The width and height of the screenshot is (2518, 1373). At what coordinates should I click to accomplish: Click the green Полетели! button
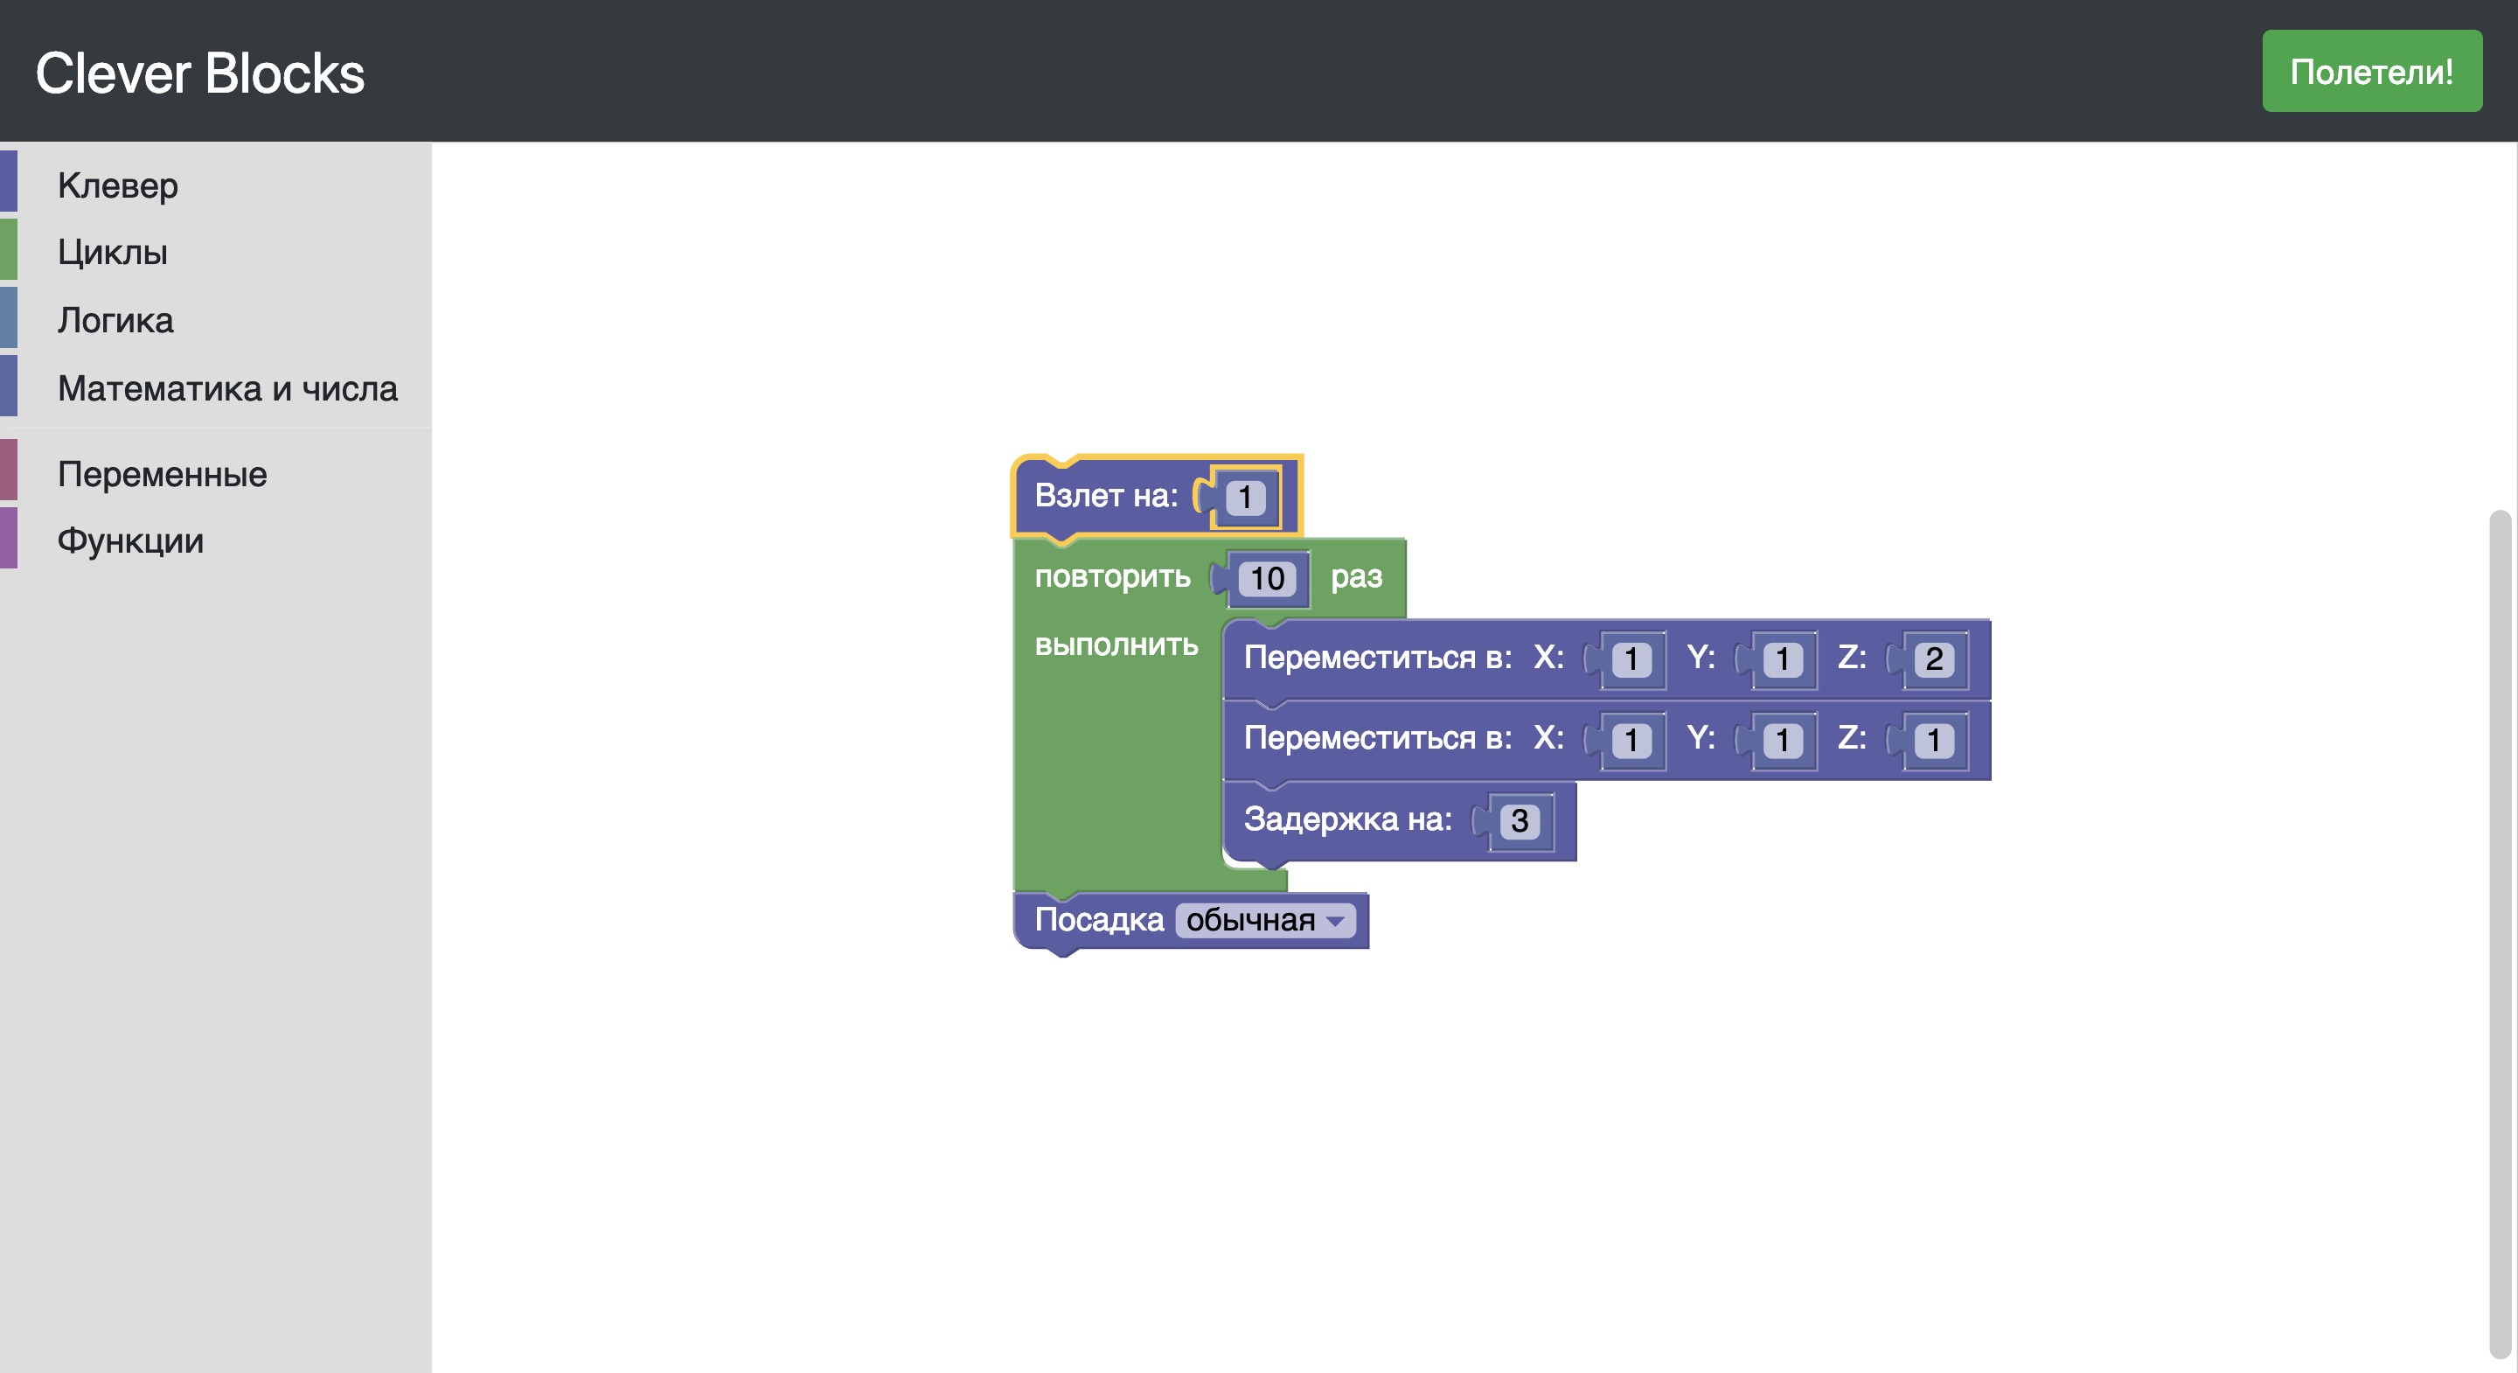(2370, 72)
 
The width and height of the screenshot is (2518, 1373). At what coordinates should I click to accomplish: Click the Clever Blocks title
(199, 73)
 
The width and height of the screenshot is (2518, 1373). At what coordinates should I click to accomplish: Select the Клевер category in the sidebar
(117, 185)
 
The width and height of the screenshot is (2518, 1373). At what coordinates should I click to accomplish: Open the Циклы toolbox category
(113, 253)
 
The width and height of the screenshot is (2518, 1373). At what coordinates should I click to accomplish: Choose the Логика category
(115, 320)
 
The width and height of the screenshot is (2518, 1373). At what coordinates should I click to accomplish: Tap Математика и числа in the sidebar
(226, 388)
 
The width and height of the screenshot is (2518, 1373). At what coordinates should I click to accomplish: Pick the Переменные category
(161, 474)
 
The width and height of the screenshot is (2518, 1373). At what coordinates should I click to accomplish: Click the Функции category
(130, 540)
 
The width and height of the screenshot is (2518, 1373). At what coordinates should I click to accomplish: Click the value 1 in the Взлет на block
(1244, 497)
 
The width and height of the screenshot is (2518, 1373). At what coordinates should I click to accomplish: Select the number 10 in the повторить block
(1267, 578)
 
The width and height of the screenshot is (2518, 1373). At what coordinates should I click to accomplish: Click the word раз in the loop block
(1356, 576)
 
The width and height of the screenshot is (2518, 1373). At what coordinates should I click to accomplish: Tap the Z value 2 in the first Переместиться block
(1933, 659)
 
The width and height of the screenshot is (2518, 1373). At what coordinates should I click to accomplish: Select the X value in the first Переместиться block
(1631, 659)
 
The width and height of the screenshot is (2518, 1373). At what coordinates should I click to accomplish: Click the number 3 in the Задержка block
(1519, 820)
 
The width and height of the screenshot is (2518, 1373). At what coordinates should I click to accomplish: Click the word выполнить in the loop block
(1116, 645)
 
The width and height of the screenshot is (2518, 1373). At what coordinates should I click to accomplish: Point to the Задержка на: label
(1347, 819)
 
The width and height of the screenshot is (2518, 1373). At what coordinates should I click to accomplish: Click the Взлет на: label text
(1105, 496)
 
